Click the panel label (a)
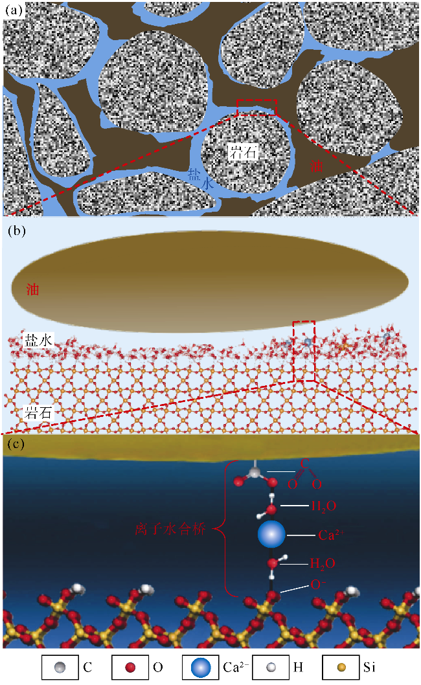[x=15, y=11]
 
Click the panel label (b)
[x=15, y=230]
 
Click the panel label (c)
[x=15, y=445]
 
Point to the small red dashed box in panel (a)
[x=256, y=107]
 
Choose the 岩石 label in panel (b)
[x=38, y=410]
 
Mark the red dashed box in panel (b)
[x=304, y=350]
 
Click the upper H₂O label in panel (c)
[x=323, y=505]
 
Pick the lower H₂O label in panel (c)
[x=323, y=565]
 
